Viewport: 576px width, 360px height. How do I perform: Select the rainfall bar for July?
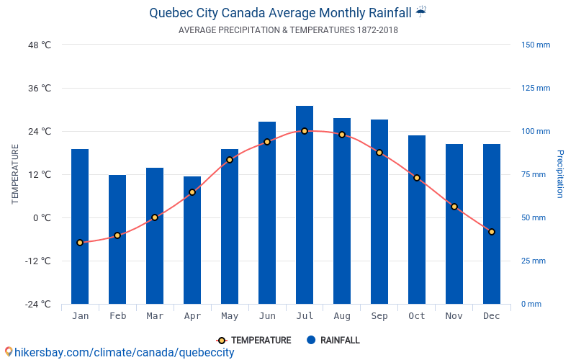(305, 205)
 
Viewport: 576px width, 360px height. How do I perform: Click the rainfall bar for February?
(117, 239)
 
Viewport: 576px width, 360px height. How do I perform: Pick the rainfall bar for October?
(417, 220)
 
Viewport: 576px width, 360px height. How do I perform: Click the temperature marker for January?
(80, 243)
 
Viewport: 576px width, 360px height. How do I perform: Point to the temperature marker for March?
(155, 217)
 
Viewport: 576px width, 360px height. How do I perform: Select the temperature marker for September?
(379, 153)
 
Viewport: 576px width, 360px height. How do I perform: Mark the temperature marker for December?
(492, 232)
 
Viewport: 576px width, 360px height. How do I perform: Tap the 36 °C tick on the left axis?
(40, 88)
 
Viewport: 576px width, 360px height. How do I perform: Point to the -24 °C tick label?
(37, 304)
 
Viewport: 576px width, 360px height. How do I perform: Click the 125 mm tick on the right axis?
(536, 88)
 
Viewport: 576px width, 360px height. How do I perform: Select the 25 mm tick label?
(534, 261)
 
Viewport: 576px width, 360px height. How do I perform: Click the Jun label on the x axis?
(267, 316)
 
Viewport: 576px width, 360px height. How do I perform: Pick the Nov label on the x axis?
(454, 316)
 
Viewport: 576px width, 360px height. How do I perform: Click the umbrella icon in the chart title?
(421, 12)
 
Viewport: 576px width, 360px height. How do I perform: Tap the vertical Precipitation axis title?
(560, 174)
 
